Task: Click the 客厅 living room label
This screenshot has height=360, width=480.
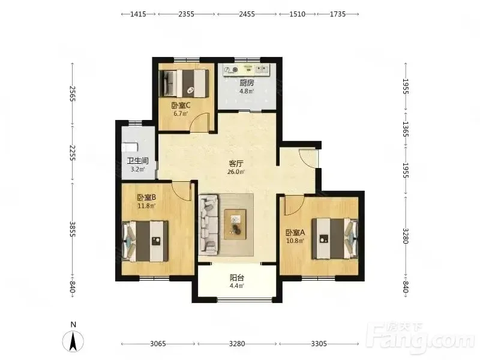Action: click(236, 163)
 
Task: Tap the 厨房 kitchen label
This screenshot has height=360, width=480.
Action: click(247, 83)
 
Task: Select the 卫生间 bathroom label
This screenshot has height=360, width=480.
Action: click(138, 161)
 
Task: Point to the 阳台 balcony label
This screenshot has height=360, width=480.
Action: click(237, 278)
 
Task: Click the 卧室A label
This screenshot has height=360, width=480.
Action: click(295, 233)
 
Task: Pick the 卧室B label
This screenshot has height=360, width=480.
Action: click(146, 197)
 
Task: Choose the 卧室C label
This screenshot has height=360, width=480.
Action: click(181, 106)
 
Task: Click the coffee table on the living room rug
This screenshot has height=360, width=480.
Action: click(235, 224)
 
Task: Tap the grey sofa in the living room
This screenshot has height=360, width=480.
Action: click(209, 225)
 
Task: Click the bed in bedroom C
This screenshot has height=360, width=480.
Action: click(184, 83)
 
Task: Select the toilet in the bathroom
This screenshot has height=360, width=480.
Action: click(130, 147)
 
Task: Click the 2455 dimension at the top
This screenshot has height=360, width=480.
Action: click(247, 14)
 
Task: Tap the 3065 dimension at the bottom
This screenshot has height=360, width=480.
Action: click(158, 344)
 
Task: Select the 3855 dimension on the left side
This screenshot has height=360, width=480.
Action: click(72, 229)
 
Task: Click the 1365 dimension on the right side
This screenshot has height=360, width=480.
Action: click(406, 129)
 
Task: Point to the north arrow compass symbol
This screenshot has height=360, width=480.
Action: click(73, 341)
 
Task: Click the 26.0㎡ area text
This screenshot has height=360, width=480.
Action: click(236, 172)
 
